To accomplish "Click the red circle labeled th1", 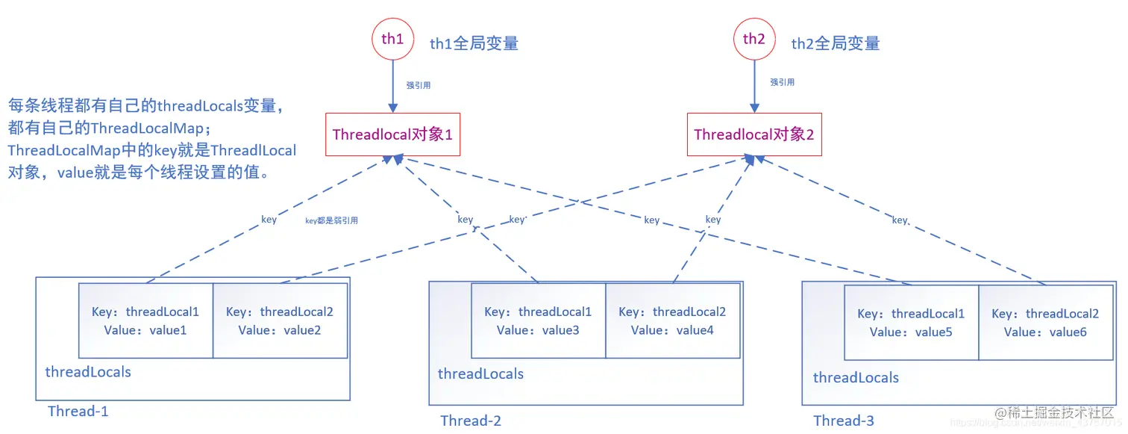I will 392,40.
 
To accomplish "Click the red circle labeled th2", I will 754,40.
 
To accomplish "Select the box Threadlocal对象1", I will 392,134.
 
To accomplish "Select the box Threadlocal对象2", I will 754,134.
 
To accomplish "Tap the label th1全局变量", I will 474,43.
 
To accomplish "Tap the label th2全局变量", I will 836,43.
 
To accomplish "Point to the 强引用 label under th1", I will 418,85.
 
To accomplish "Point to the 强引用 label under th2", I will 782,82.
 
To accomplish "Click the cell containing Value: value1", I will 145,320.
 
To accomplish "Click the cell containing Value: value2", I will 280,320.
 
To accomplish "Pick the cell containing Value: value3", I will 538,320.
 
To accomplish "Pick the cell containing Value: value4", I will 672,320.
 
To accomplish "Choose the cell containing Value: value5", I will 911,323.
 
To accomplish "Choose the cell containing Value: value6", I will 1045,323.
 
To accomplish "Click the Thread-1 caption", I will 78,411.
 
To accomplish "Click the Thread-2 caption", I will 471,421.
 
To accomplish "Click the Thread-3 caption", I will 844,421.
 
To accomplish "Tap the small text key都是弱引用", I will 332,220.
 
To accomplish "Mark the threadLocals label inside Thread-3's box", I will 856,377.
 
